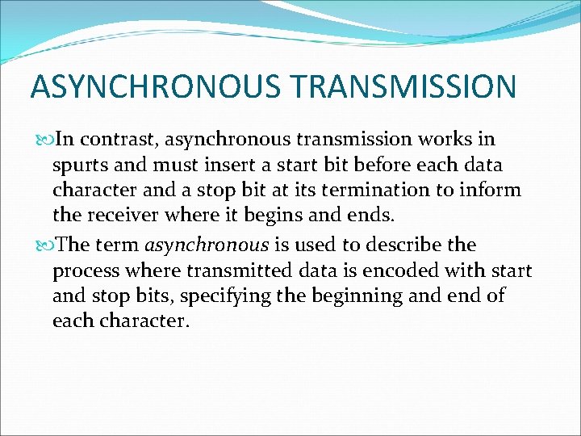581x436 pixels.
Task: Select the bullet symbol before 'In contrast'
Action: [44, 140]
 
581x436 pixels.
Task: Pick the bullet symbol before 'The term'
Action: [44, 245]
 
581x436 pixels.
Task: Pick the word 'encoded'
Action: [393, 270]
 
